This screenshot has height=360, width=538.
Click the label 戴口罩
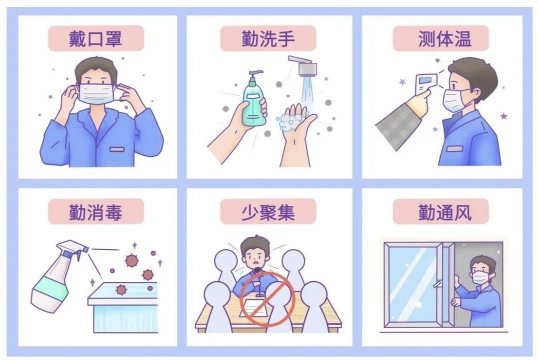[x=95, y=38]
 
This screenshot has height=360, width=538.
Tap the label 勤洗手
[x=268, y=38]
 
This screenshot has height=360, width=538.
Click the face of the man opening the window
[x=479, y=272]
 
